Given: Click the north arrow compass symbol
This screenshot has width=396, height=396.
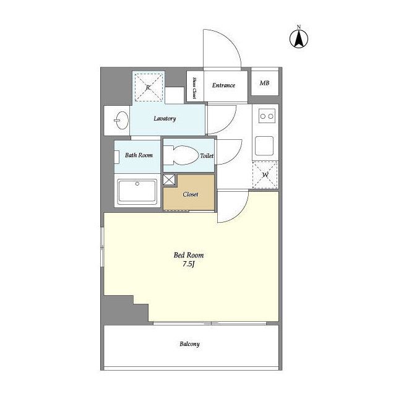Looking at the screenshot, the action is pyautogui.click(x=299, y=39).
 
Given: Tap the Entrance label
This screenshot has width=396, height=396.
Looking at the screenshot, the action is pyautogui.click(x=223, y=85).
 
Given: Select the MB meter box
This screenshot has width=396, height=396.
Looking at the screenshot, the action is pyautogui.click(x=265, y=83).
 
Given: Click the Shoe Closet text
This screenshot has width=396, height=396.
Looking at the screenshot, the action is pyautogui.click(x=194, y=88).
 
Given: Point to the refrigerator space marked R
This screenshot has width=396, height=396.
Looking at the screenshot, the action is pyautogui.click(x=148, y=87).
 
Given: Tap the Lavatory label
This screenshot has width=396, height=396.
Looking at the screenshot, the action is pyautogui.click(x=165, y=118).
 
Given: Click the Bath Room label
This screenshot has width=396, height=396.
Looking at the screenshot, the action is pyautogui.click(x=139, y=155).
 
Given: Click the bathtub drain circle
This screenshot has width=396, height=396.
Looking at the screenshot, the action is pyautogui.click(x=137, y=184).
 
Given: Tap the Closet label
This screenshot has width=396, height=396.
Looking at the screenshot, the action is pyautogui.click(x=191, y=194).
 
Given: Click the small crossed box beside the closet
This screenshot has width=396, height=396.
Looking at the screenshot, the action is pyautogui.click(x=169, y=179).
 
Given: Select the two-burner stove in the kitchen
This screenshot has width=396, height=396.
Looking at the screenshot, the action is pyautogui.click(x=267, y=116).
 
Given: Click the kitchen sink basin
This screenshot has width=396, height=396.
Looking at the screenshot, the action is pyautogui.click(x=264, y=146).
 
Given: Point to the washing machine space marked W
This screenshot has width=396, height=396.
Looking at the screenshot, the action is pyautogui.click(x=265, y=174).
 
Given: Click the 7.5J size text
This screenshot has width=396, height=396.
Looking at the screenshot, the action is pyautogui.click(x=188, y=264).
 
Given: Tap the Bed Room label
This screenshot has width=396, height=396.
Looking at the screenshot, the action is pyautogui.click(x=189, y=255).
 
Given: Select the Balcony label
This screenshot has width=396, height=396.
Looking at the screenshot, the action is pyautogui.click(x=190, y=344).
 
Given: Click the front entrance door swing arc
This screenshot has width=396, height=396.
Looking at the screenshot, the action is pyautogui.click(x=230, y=40).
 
